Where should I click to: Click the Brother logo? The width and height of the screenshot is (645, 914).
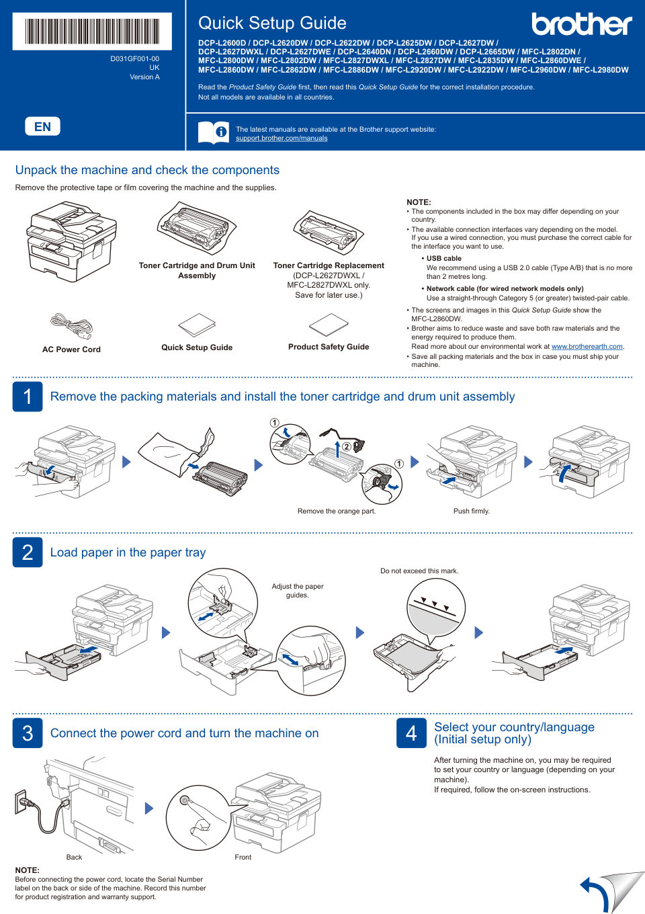581,24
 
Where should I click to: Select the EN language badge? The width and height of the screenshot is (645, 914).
42,126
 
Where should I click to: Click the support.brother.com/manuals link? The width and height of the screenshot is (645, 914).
282,138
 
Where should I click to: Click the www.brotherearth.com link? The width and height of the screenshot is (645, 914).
587,347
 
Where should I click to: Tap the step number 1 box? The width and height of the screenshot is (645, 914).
28,397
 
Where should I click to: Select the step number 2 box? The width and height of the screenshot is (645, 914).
28,552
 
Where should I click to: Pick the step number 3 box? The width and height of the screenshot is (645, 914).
28,733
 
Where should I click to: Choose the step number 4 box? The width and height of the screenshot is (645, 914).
411,733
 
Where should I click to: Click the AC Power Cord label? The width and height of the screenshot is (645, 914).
71,349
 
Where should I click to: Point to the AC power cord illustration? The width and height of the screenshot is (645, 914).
71,325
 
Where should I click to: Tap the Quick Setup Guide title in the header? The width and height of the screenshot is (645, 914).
272,23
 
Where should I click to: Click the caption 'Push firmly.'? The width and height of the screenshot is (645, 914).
471,511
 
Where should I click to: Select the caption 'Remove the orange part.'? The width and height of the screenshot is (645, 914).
336,511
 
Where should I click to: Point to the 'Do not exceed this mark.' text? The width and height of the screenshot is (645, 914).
419,571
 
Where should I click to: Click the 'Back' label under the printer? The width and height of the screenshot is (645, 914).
74,858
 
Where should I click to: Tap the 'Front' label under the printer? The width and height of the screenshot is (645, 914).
243,858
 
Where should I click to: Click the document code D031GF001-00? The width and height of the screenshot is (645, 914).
134,59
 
